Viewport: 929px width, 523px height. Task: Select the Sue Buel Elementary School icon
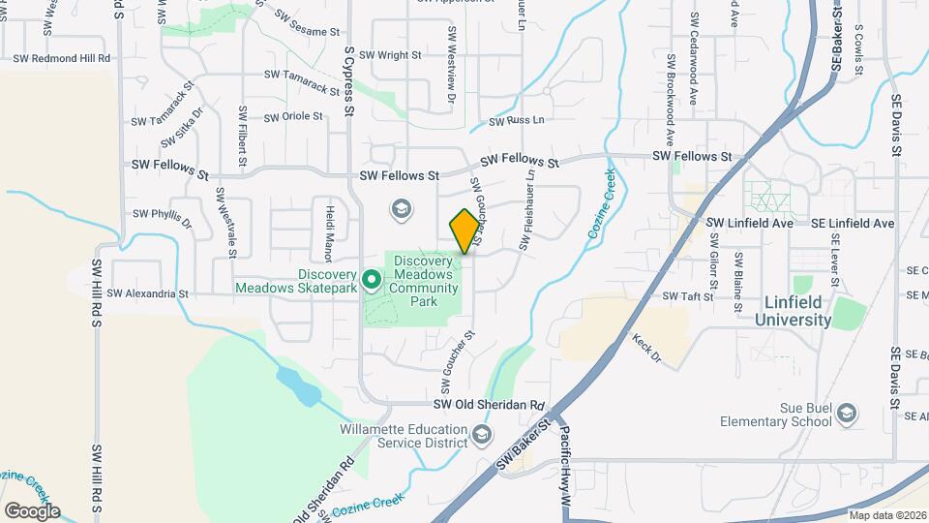848,414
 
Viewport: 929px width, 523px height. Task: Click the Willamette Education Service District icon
482,437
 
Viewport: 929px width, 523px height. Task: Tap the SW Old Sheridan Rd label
490,405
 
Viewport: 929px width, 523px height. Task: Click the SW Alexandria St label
145,292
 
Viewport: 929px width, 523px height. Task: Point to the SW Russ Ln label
517,121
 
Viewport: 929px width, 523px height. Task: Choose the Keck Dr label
646,349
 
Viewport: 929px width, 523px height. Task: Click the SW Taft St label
687,296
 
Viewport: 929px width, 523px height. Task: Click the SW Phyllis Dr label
163,214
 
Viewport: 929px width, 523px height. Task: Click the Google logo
32,510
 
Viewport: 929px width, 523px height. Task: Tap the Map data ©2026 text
887,514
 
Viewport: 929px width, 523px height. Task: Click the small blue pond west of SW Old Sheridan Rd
299,385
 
